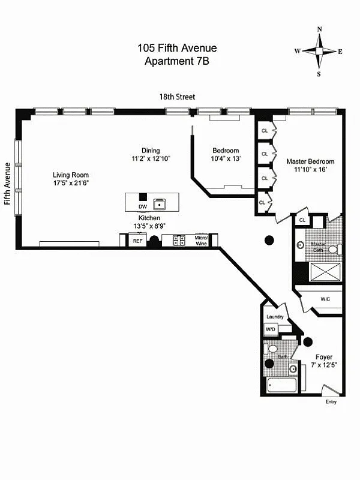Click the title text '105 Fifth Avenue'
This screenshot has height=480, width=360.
[177, 49]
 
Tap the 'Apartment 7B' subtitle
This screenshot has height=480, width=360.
[177, 61]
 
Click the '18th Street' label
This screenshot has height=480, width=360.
[177, 97]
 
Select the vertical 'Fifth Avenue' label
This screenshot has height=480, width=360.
[8, 183]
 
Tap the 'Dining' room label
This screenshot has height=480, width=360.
[151, 151]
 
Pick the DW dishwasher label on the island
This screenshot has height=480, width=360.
[142, 206]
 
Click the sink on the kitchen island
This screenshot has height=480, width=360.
[160, 203]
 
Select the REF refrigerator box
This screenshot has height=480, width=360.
[138, 241]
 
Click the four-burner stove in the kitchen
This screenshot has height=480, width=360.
[179, 241]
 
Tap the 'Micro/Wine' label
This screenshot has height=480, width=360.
[200, 241]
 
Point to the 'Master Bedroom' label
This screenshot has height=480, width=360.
[310, 161]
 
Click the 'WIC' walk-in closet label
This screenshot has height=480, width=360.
[325, 298]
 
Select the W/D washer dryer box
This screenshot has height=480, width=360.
[271, 329]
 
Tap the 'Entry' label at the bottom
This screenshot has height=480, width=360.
[331, 402]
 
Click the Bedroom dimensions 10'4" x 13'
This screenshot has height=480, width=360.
[225, 159]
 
